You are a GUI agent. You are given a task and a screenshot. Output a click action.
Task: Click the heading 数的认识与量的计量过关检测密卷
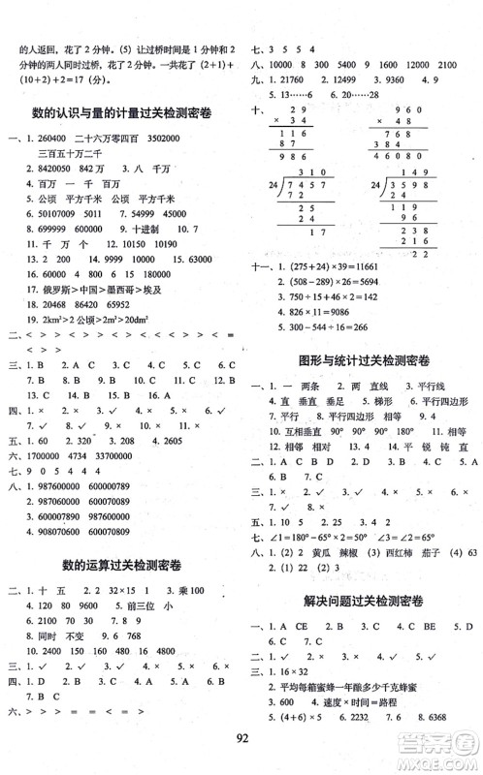coord(121,113)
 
